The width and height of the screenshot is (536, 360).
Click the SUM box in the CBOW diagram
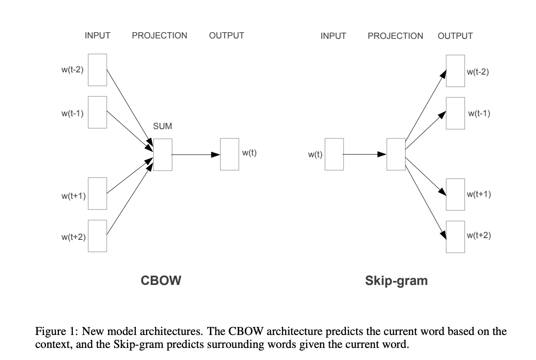click(x=163, y=155)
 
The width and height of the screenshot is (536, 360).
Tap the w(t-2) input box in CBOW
click(x=97, y=70)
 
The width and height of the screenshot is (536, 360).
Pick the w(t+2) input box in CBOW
click(x=97, y=236)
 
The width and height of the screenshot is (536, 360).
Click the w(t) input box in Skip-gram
click(x=334, y=155)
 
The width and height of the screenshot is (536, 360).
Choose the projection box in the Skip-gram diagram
click(x=396, y=155)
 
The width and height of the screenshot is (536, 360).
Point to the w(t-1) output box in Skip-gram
click(x=456, y=113)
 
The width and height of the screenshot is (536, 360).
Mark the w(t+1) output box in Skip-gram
click(x=456, y=194)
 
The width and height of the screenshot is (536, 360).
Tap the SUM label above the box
click(x=163, y=126)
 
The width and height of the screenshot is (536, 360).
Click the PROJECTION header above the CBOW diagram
click(x=159, y=36)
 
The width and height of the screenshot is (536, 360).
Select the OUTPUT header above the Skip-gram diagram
click(x=455, y=36)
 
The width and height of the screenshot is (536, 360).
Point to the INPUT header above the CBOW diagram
click(x=97, y=36)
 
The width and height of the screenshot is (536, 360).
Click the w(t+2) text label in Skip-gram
click(x=479, y=236)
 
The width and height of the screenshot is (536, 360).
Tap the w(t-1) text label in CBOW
click(x=73, y=113)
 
